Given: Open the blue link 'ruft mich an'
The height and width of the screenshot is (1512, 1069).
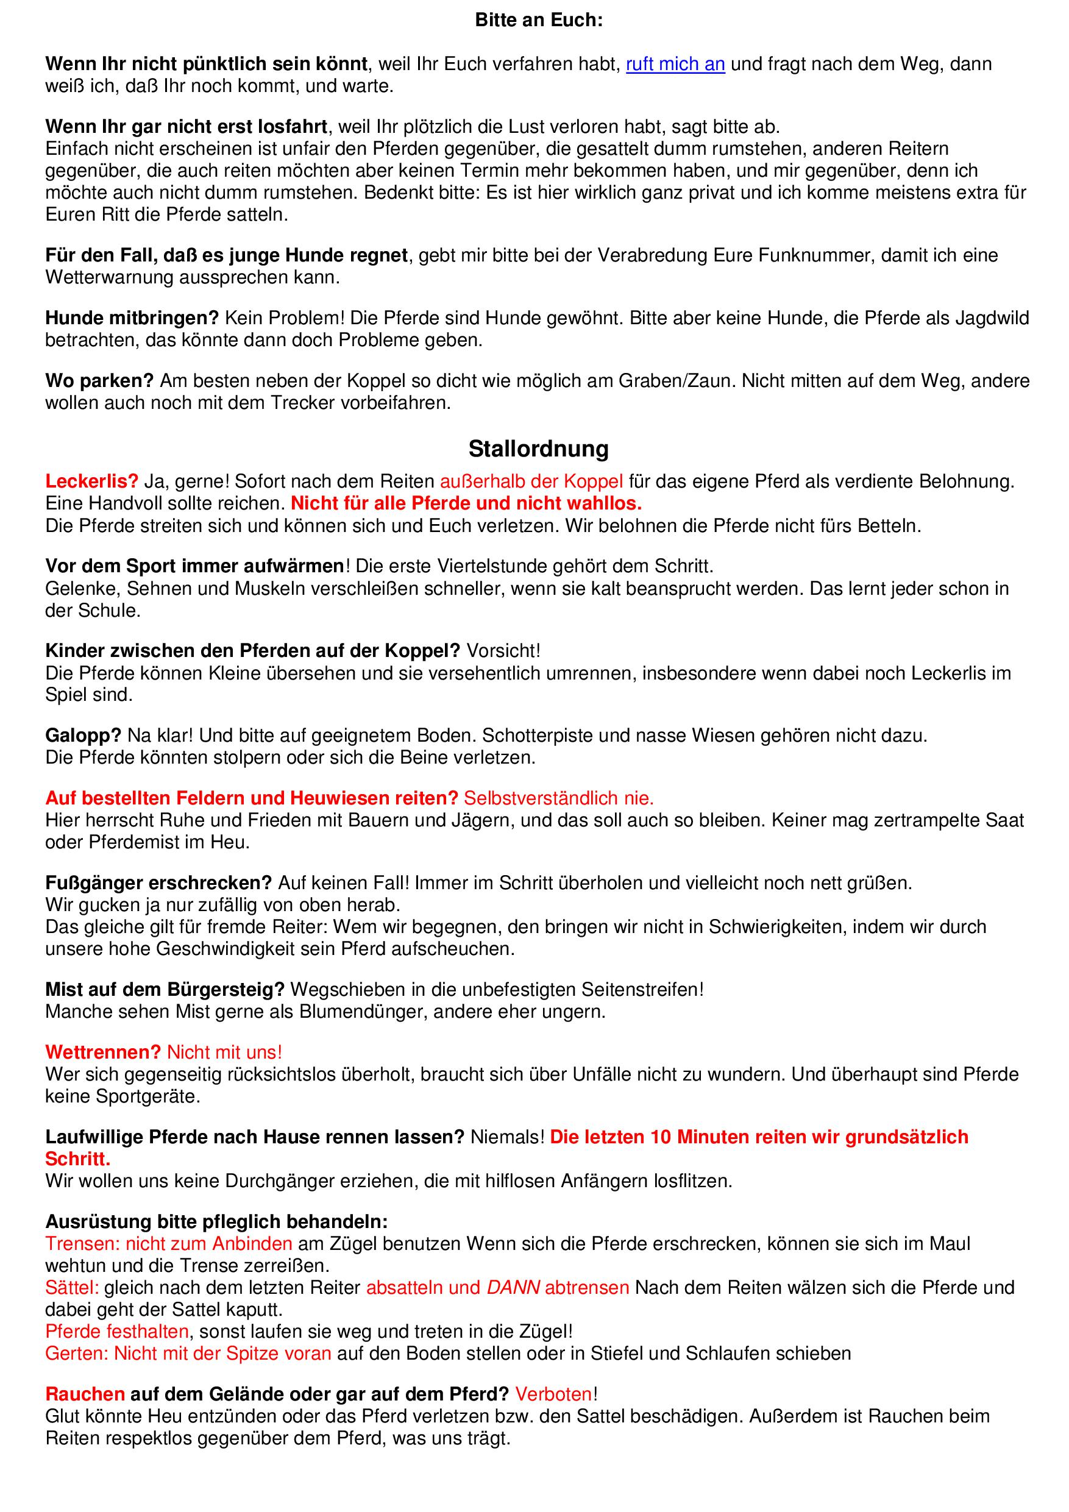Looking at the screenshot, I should (x=675, y=65).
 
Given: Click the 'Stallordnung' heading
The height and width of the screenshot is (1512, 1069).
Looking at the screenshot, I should (x=538, y=449).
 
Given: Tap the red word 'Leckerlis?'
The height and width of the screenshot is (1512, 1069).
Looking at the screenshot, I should (x=91, y=481).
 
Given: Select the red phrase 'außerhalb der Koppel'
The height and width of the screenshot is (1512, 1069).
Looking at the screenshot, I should (x=531, y=481).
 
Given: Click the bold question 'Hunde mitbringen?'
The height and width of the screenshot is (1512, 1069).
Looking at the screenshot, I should (x=132, y=318).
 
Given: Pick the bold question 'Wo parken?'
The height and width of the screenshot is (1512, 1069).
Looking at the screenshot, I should (x=99, y=381).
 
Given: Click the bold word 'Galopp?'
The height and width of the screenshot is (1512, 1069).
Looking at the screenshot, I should (x=83, y=735).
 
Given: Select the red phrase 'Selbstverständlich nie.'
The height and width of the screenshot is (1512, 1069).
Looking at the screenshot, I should (x=558, y=798).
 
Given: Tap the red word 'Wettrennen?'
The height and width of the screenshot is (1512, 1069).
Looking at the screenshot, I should (x=103, y=1052).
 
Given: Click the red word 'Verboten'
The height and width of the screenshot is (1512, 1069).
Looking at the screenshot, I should (x=553, y=1394).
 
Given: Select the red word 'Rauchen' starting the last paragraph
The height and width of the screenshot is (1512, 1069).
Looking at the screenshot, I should (x=85, y=1394).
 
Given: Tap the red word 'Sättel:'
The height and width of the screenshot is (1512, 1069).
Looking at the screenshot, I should (x=72, y=1288).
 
